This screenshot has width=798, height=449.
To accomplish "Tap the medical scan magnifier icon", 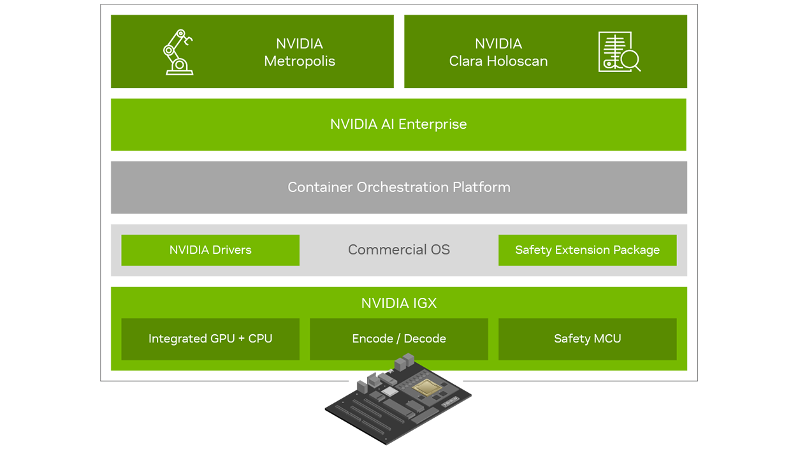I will click(619, 52).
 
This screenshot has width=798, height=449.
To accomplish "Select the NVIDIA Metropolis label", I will click(300, 52).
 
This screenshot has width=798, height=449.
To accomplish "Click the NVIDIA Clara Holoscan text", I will click(498, 52).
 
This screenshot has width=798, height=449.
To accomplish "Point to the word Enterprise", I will click(433, 124).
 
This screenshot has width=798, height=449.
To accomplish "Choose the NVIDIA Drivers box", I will click(210, 250).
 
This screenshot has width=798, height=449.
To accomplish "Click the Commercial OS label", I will click(399, 250).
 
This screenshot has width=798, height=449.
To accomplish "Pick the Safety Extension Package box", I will click(587, 250).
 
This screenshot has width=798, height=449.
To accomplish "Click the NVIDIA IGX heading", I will click(399, 303).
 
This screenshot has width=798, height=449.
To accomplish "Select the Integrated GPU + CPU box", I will click(210, 339).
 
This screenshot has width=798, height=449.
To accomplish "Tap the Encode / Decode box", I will click(399, 339).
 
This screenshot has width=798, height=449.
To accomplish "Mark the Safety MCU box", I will click(587, 339).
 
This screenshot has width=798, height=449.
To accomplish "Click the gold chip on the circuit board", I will click(425, 386).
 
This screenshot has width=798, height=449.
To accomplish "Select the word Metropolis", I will click(300, 61).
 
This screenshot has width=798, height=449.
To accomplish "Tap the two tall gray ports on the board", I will click(403, 364).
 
